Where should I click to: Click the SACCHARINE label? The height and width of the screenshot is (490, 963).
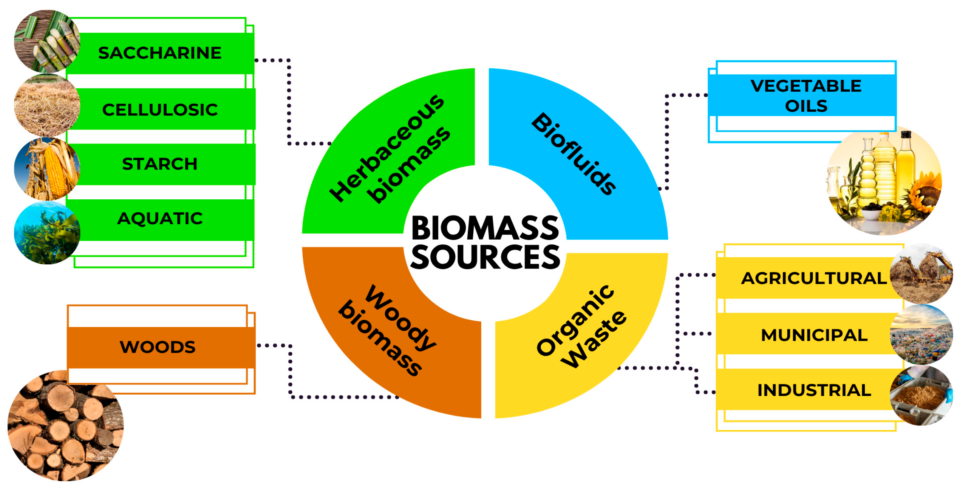pyautogui.click(x=160, y=53)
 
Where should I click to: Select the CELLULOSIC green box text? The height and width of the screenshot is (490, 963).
pyautogui.click(x=160, y=110)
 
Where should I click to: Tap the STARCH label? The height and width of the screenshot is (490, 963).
pyautogui.click(x=160, y=164)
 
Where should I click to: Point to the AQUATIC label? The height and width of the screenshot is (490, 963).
pyautogui.click(x=160, y=218)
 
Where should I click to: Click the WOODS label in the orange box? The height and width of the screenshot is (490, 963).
pyautogui.click(x=157, y=347)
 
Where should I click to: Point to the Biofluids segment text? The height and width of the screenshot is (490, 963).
pyautogui.click(x=574, y=153)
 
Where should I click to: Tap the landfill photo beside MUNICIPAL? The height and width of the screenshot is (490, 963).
pyautogui.click(x=921, y=335)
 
